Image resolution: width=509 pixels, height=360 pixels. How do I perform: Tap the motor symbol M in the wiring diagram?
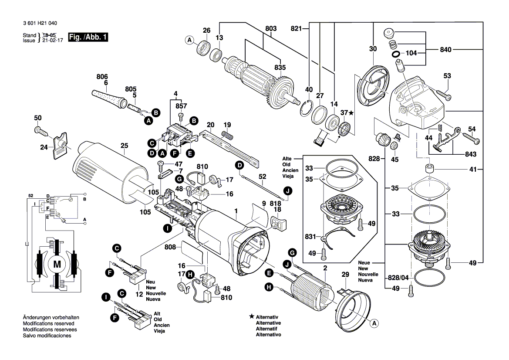tap(57, 264)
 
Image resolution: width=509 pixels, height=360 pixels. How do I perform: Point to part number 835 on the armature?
tap(280, 68)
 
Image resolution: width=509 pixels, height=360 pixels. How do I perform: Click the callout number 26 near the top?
tap(206, 31)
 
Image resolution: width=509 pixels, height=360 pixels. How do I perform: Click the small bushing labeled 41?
tap(430, 169)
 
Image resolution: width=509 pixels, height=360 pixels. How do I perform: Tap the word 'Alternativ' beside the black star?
tap(268, 317)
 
